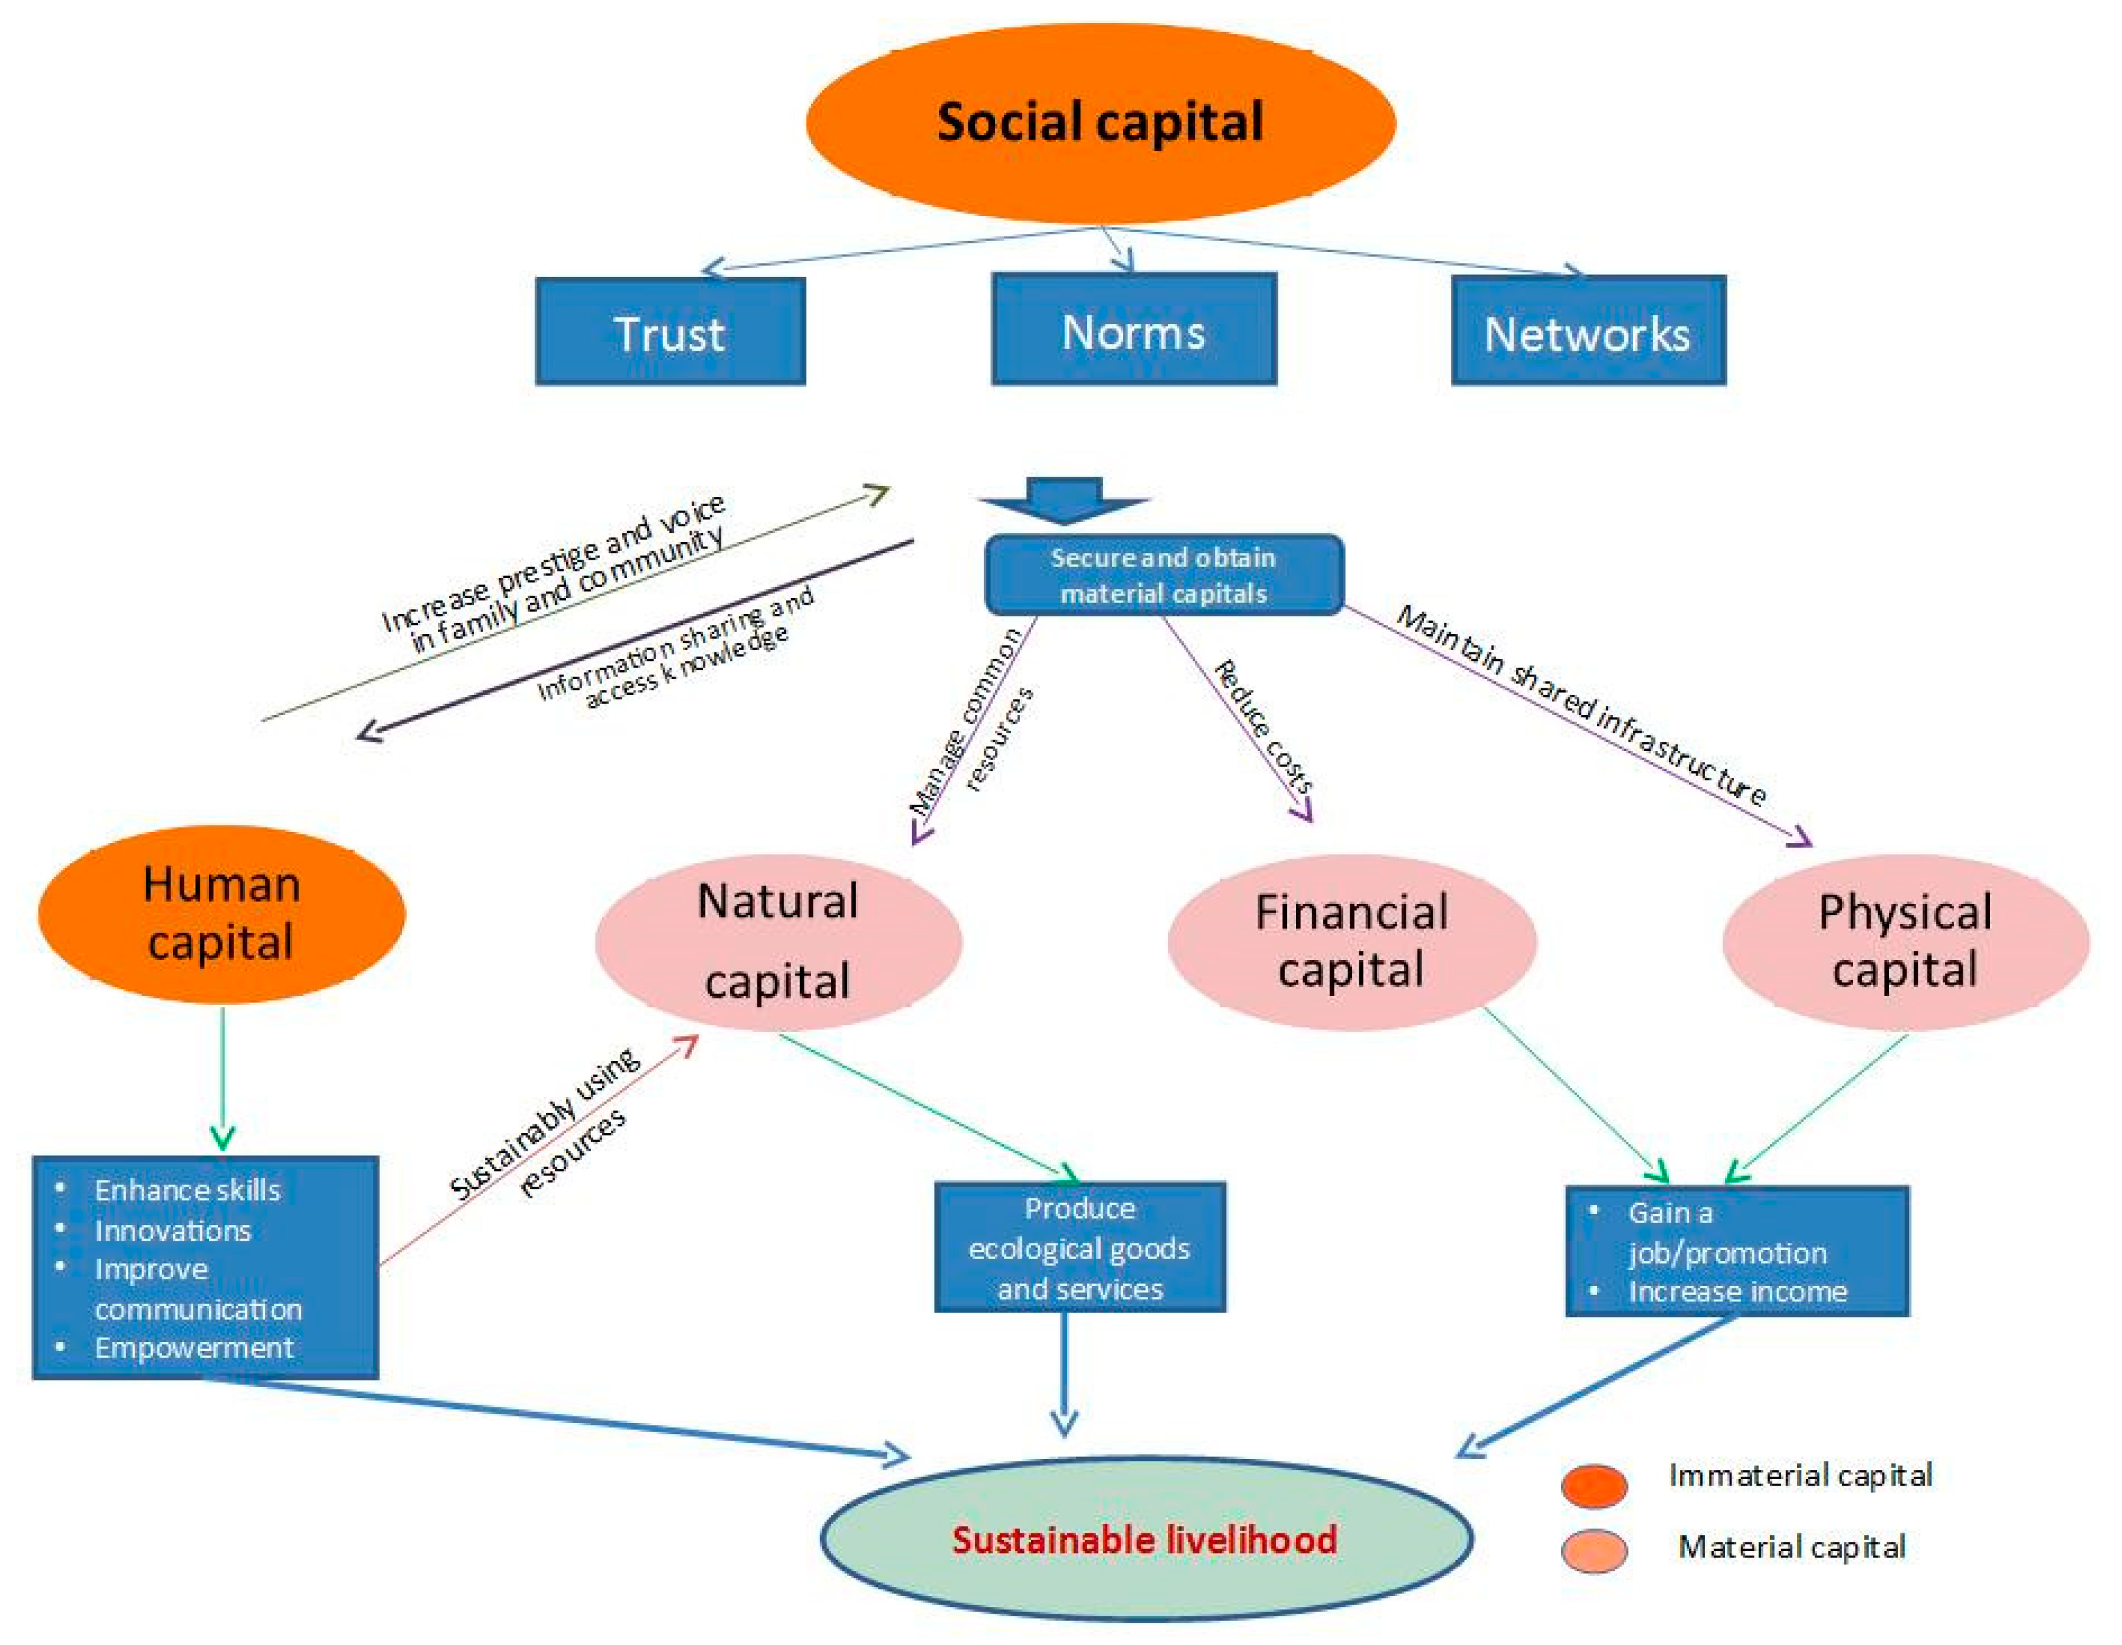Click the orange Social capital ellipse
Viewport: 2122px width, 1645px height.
click(x=1100, y=122)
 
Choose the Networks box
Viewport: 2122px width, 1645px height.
click(x=1588, y=331)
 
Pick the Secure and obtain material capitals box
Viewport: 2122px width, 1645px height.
click(x=1164, y=575)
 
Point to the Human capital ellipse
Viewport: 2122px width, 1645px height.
click(x=221, y=914)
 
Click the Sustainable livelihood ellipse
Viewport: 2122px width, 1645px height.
click(x=1145, y=1539)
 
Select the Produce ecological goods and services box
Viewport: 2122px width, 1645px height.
click(x=1079, y=1247)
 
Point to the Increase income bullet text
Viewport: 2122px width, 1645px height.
click(x=1737, y=1291)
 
